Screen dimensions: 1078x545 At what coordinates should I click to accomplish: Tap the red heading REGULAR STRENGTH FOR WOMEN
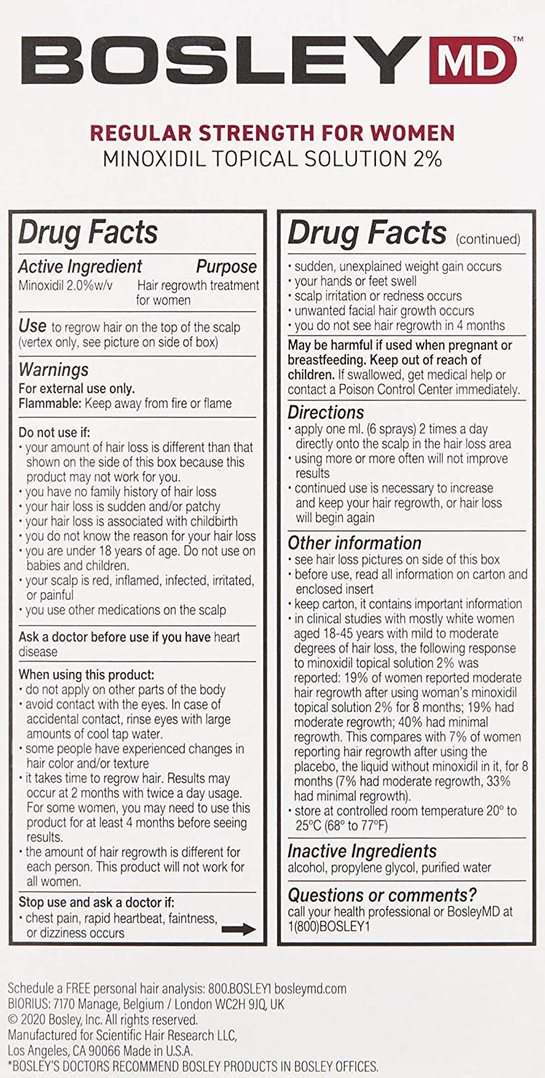point(272,133)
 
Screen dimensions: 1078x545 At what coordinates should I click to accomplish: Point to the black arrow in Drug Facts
point(239,929)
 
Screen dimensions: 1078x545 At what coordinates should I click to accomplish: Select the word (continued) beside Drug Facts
point(488,239)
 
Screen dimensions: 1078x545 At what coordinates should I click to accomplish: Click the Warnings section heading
point(53,370)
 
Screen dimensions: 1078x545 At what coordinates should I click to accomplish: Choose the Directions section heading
point(326,413)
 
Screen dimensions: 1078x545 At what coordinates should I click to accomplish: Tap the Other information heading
point(354,543)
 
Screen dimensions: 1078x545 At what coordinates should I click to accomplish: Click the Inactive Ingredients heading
point(362,851)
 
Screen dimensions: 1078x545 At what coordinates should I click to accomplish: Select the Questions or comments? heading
point(382,895)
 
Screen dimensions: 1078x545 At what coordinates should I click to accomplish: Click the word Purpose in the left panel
point(226,267)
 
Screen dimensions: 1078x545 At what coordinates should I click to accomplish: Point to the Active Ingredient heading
point(80,267)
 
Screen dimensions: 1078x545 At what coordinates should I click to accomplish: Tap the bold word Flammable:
point(50,403)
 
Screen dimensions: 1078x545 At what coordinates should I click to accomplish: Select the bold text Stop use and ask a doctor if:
point(96,902)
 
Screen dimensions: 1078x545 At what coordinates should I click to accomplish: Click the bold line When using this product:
point(86,675)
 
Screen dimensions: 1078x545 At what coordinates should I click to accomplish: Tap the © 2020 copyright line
point(102,1020)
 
